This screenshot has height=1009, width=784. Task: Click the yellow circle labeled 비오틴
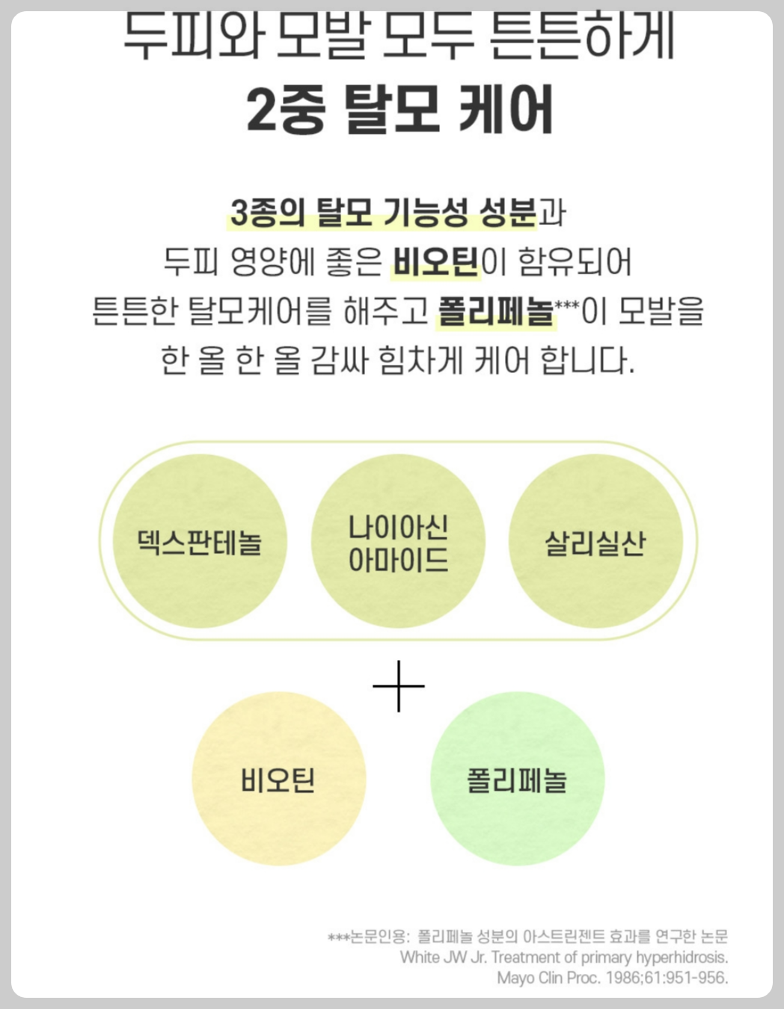(278, 779)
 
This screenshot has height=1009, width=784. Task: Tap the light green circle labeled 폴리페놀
(517, 779)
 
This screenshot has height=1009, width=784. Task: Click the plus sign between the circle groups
(399, 685)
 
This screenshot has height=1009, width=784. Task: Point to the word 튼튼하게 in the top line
(584, 36)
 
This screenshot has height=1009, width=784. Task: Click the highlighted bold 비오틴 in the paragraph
(436, 262)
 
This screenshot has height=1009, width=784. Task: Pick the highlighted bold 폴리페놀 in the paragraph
(496, 311)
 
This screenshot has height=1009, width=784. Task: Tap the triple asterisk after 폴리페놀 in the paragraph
(567, 305)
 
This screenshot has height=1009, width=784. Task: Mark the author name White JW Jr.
(443, 957)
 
